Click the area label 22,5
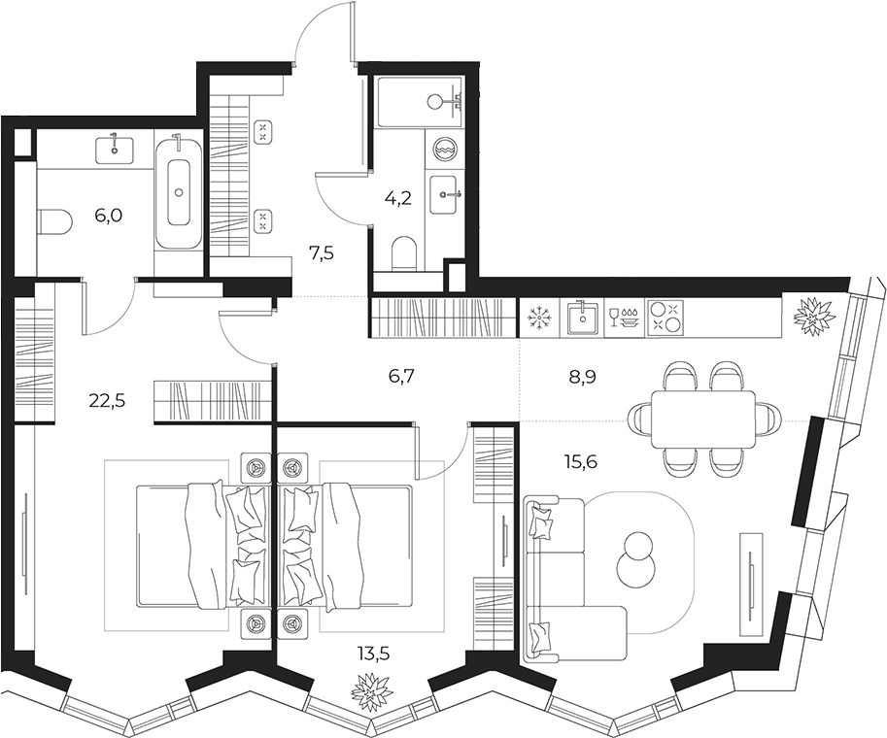click(x=107, y=401)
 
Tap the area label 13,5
click(x=373, y=654)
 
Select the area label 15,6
click(x=579, y=462)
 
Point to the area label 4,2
click(x=397, y=198)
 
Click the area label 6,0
click(x=109, y=216)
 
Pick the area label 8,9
click(x=583, y=377)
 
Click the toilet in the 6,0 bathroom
click(x=54, y=220)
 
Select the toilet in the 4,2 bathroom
click(x=404, y=252)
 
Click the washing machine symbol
click(x=446, y=149)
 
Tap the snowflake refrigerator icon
click(x=538, y=319)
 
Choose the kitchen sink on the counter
click(x=582, y=319)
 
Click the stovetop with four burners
click(x=665, y=318)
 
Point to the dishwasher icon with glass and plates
click(x=624, y=318)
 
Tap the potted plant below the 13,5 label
click(x=372, y=691)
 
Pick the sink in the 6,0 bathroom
click(x=115, y=148)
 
